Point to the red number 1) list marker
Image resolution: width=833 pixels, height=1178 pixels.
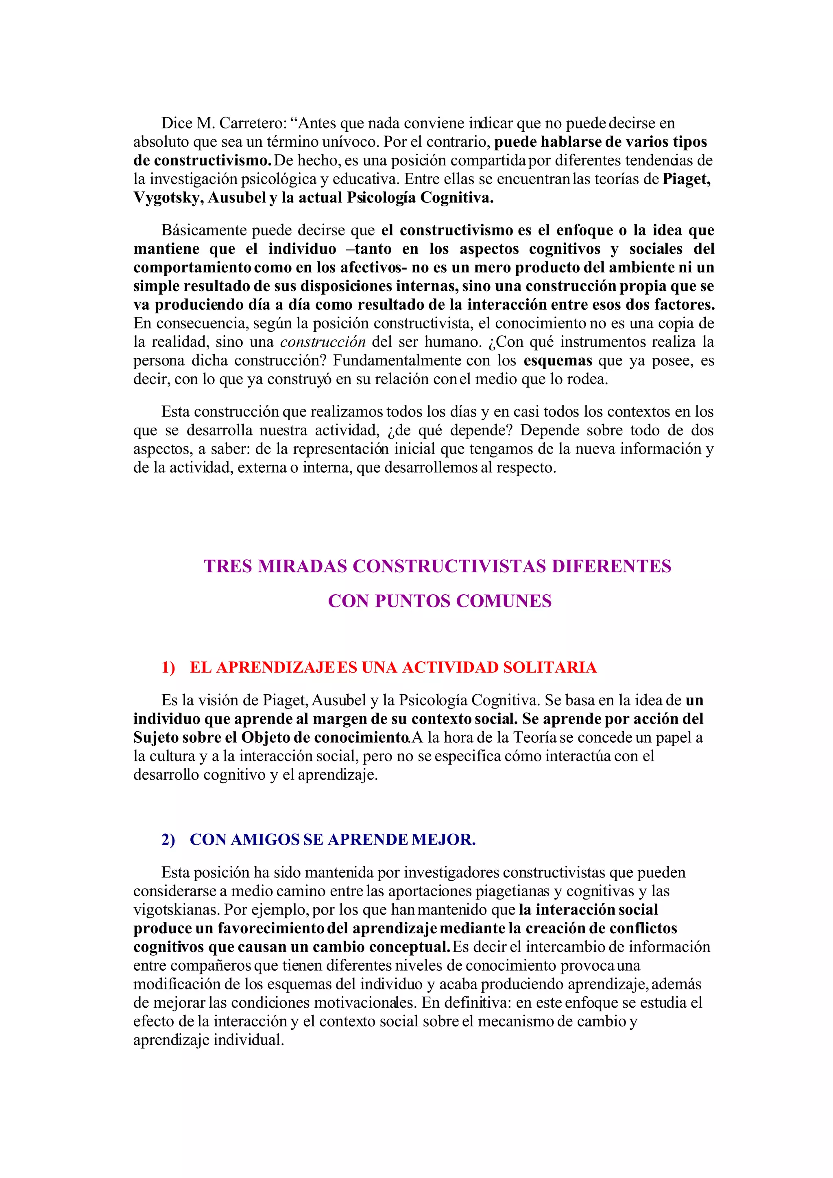[x=168, y=667]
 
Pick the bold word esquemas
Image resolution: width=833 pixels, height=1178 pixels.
[x=558, y=361]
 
